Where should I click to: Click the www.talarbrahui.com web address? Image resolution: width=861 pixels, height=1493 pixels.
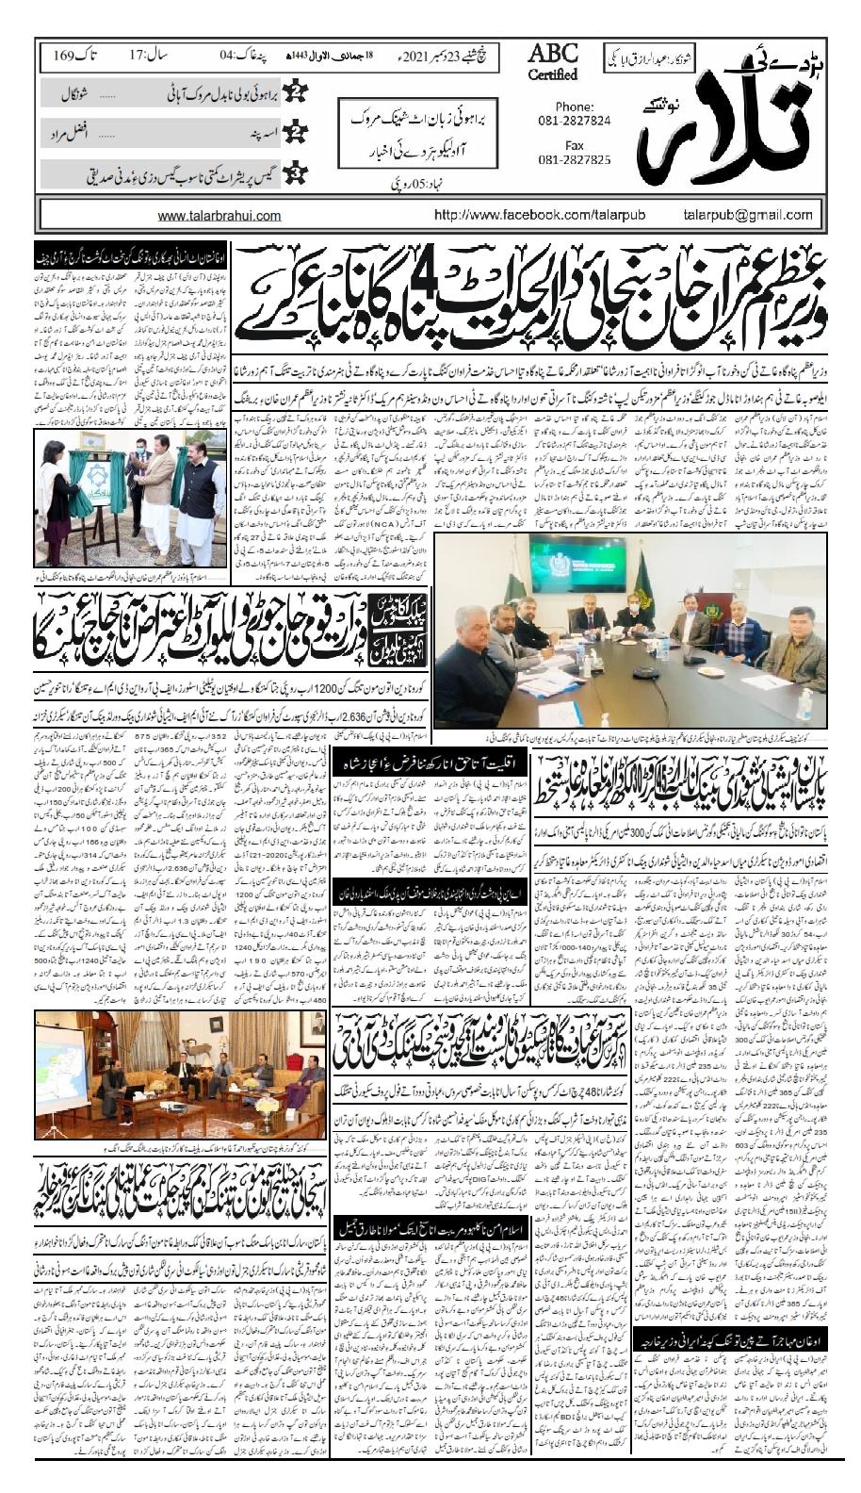click(219, 215)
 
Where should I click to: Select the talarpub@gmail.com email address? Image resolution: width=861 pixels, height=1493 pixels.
click(762, 215)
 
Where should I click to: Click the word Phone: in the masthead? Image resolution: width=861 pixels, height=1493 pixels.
click(575, 107)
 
